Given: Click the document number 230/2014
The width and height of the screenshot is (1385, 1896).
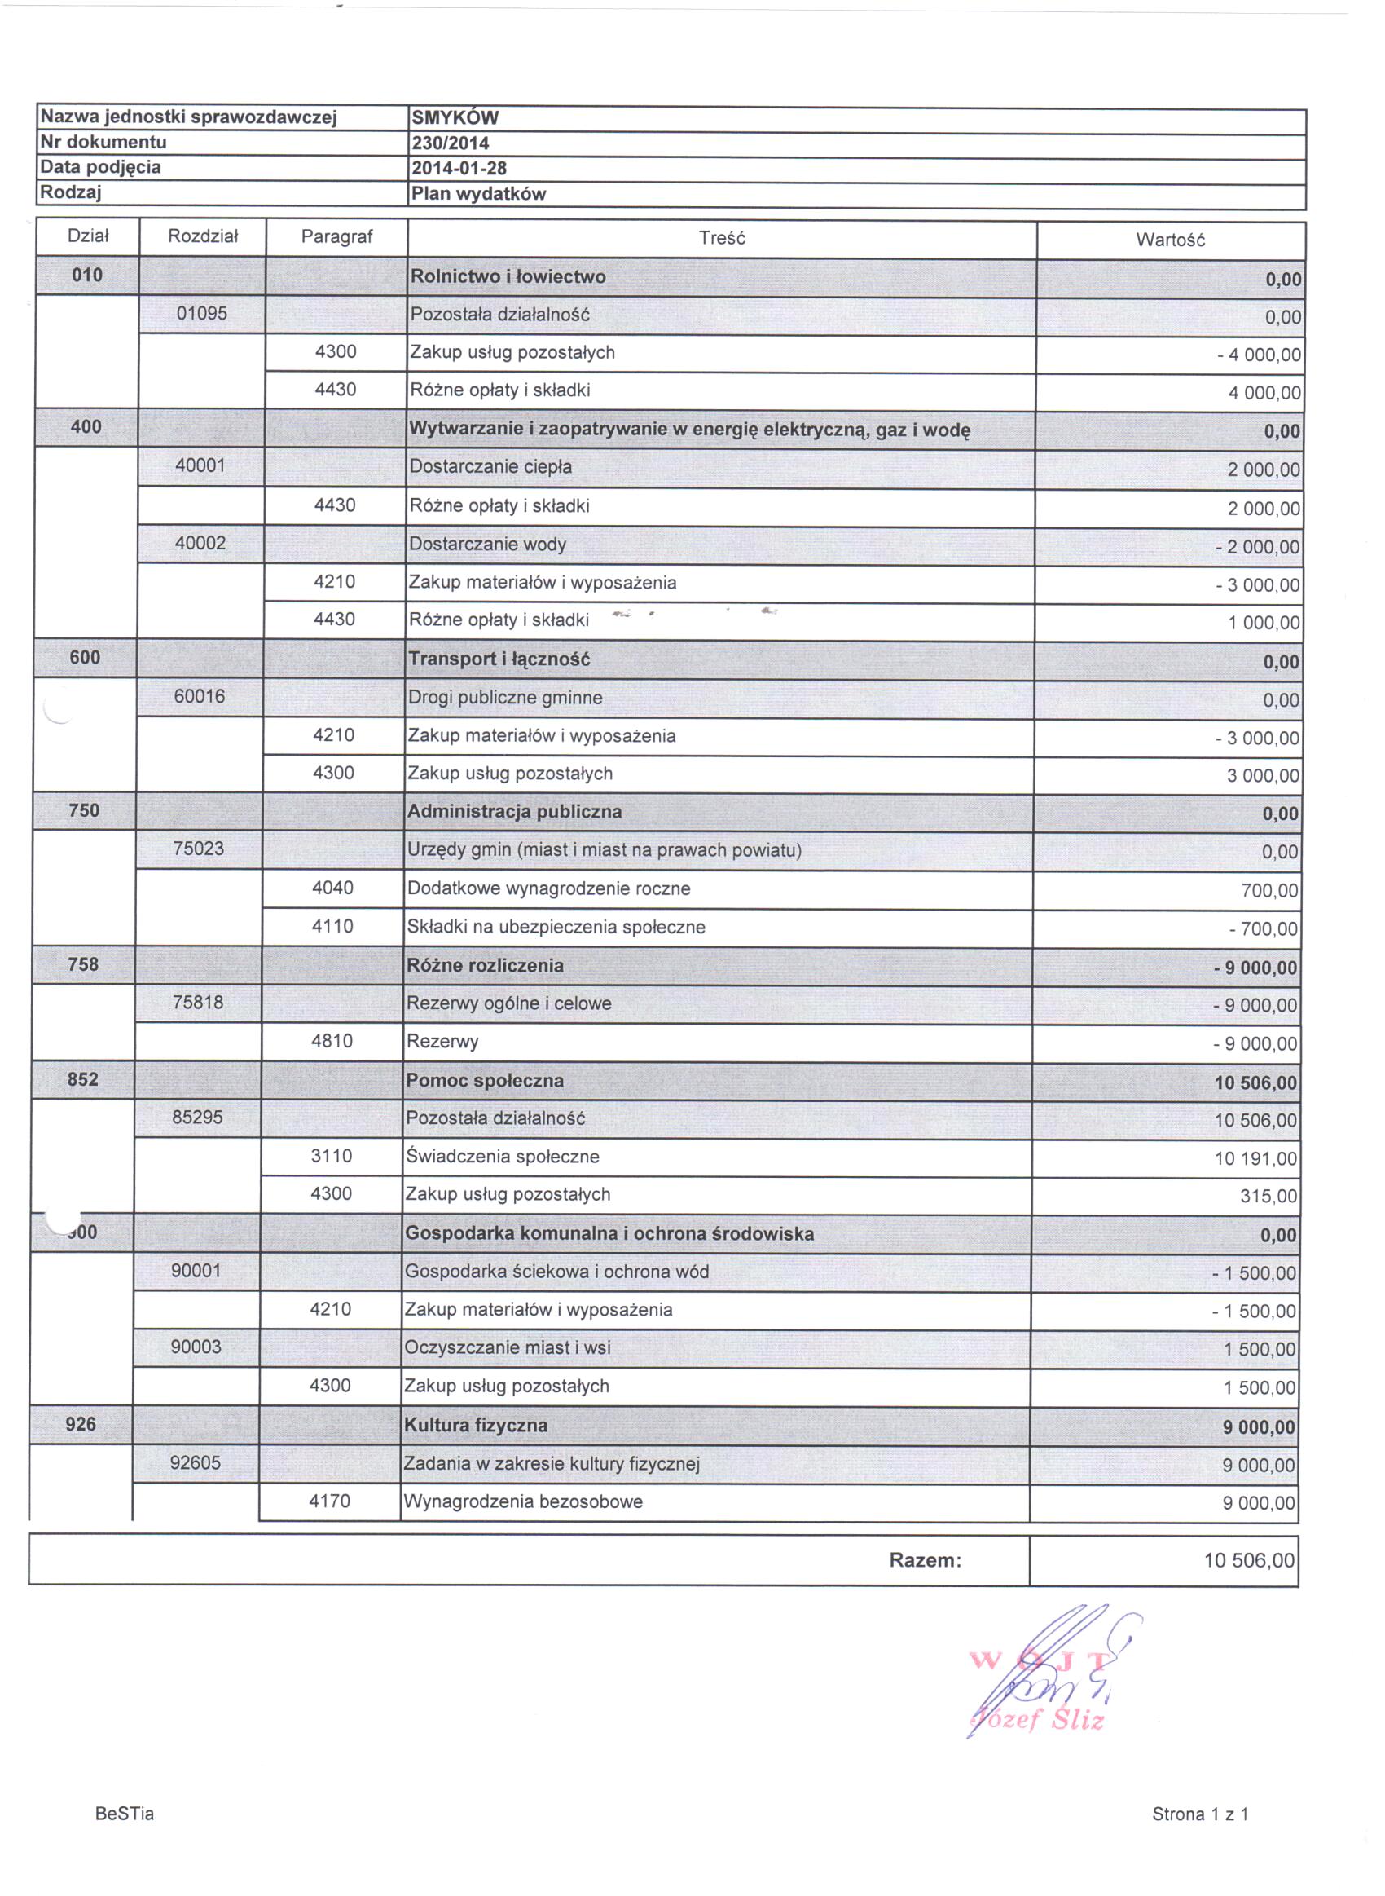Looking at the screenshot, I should point(451,143).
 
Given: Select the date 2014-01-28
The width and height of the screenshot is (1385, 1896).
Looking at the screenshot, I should point(459,169).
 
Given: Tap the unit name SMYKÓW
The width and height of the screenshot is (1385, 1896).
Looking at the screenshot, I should point(455,118).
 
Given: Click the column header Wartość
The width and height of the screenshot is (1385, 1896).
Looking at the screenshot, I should point(1170,240).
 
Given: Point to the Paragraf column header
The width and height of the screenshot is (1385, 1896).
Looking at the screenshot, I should point(336,237).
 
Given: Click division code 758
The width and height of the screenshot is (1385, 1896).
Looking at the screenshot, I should point(83,964).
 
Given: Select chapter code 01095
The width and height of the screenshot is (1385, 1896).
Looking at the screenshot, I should point(201,314).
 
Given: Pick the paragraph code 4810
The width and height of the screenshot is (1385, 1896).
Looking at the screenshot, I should point(332,1042).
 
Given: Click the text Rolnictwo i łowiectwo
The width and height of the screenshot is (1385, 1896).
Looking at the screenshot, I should point(508,276).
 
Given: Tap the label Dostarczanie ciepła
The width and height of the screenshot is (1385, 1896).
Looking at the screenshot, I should point(490,467).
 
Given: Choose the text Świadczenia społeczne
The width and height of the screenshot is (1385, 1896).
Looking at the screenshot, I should point(502,1157).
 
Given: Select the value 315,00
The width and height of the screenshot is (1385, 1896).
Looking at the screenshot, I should point(1268,1197).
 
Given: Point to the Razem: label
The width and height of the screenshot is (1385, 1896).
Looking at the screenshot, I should point(925,1561).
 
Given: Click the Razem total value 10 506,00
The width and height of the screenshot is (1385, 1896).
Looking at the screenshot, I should point(1249,1561).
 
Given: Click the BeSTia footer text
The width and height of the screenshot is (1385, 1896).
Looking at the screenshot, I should point(125,1814).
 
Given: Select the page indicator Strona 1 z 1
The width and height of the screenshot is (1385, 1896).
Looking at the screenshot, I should point(1200,1814).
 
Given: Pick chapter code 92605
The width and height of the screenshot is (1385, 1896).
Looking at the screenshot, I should point(196,1463).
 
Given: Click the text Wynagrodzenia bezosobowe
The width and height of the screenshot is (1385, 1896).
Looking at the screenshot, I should point(523,1501).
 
